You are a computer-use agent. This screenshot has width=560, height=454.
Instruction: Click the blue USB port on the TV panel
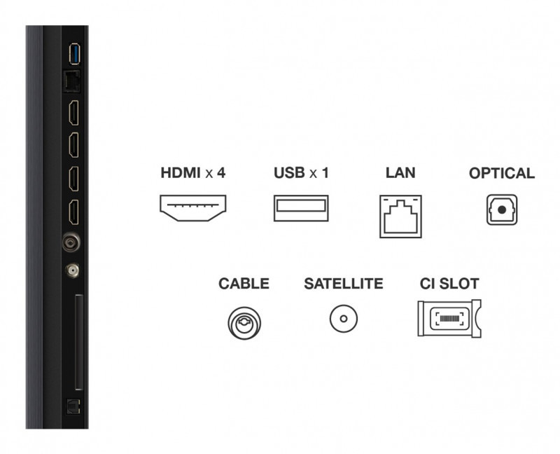(x=75, y=54)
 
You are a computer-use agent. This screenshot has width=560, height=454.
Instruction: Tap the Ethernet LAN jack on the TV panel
(x=71, y=81)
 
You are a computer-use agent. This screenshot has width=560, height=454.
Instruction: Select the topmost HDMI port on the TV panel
(x=73, y=113)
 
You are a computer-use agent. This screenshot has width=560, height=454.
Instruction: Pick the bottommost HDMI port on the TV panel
(x=73, y=212)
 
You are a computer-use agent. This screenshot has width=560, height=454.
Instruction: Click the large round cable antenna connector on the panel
(x=71, y=242)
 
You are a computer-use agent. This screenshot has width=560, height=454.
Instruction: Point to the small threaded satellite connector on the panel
(x=72, y=270)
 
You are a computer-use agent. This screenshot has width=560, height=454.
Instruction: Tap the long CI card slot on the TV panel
(x=79, y=342)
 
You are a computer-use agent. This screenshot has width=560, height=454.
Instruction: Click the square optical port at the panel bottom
(x=73, y=407)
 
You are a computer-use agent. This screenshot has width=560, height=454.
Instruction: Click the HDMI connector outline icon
(x=193, y=208)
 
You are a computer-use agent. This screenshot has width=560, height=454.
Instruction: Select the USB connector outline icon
(x=301, y=208)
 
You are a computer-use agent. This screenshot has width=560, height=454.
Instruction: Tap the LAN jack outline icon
(x=400, y=216)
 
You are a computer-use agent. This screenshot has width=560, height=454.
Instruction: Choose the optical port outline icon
(x=502, y=210)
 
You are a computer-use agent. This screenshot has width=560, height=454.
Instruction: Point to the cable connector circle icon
(x=244, y=323)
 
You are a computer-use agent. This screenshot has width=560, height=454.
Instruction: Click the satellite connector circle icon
(x=344, y=319)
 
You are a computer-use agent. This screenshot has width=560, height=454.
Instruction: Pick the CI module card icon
(x=449, y=318)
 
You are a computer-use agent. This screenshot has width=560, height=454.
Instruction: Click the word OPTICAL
(x=502, y=173)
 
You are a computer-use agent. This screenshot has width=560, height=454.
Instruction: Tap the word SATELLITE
(x=344, y=284)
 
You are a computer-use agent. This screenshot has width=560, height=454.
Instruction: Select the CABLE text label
(x=244, y=284)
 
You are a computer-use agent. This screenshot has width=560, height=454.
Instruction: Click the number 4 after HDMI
(x=221, y=172)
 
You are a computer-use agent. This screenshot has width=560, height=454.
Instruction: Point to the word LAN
(x=400, y=172)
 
